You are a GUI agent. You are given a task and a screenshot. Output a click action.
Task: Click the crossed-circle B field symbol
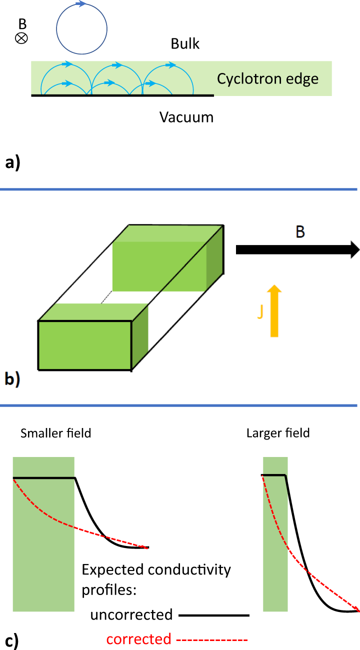click(22, 38)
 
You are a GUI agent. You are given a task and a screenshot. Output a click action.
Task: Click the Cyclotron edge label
click(267, 79)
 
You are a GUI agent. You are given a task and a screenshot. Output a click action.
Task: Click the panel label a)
click(12, 163)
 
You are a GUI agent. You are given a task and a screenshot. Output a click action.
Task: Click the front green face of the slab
click(85, 345)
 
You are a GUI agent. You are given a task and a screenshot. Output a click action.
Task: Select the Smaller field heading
click(56, 432)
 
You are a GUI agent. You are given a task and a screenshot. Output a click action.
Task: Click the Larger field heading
click(278, 432)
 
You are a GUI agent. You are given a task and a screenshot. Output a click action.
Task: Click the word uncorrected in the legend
click(131, 614)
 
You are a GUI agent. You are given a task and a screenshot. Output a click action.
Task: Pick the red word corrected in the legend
click(138, 638)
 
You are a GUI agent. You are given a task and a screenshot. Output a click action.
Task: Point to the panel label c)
click(11, 640)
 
